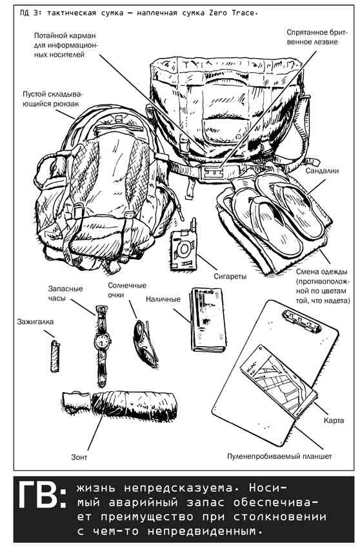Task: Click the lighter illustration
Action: click(x=55, y=356)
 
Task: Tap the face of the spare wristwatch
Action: click(x=102, y=340)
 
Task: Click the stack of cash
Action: click(x=208, y=320)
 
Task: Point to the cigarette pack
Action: click(x=184, y=250)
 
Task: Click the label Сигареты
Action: click(x=230, y=276)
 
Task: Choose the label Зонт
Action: click(x=79, y=457)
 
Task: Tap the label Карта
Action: click(x=334, y=420)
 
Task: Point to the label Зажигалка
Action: click(x=35, y=322)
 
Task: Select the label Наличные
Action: click(x=163, y=299)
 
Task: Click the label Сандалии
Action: click(x=322, y=171)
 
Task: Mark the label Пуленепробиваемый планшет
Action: click(x=279, y=456)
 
